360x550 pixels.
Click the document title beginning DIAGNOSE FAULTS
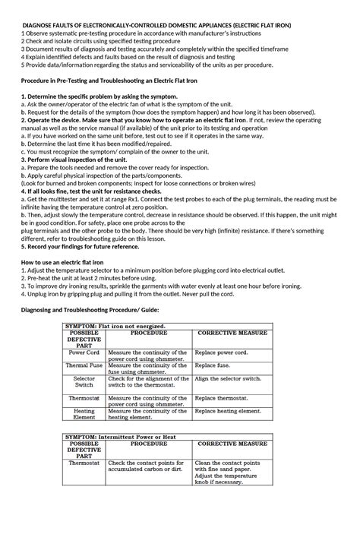(x=179, y=24)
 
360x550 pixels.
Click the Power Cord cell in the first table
(x=84, y=353)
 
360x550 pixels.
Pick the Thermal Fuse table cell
(x=84, y=365)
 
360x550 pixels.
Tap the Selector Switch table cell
(x=84, y=381)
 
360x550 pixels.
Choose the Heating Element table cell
(x=84, y=413)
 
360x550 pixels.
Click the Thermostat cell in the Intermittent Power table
(x=84, y=462)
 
